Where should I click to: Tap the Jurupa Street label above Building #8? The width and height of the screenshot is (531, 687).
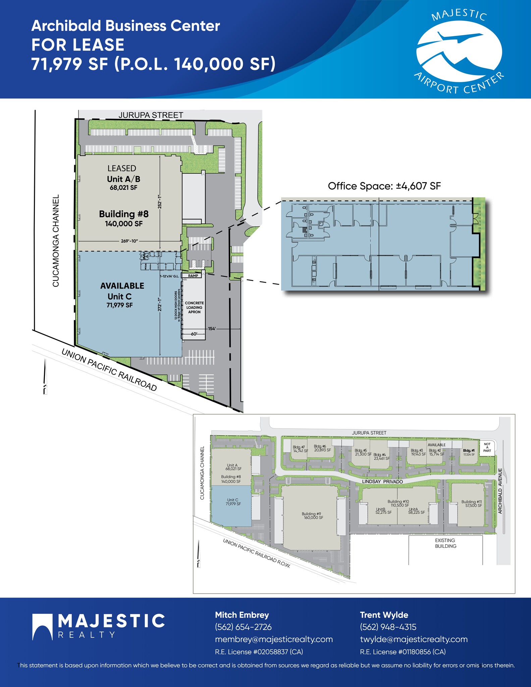[x=151, y=115]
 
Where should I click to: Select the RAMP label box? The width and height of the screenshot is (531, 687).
[x=193, y=276]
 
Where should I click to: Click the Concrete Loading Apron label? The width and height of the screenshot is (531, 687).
[x=194, y=307]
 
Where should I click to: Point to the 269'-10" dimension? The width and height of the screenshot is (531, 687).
[x=129, y=241]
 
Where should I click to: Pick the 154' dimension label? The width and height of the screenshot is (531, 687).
[x=212, y=329]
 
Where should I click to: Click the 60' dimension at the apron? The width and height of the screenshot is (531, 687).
[x=194, y=334]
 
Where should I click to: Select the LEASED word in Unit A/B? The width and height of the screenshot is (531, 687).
[x=122, y=168]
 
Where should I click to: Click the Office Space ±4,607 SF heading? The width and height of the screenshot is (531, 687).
[x=384, y=186]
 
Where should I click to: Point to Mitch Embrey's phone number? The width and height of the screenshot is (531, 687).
[x=243, y=627]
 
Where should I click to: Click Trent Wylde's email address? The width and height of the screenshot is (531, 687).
[x=414, y=639]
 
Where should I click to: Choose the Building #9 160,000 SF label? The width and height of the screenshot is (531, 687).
[x=312, y=516]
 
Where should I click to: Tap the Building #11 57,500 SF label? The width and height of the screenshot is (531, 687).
[x=471, y=504]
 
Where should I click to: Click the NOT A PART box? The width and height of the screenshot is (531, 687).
[x=487, y=447]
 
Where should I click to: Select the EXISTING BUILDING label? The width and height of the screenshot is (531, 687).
[x=445, y=543]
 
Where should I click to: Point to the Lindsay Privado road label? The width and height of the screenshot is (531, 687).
[x=382, y=481]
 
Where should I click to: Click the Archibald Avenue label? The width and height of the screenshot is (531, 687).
[x=500, y=491]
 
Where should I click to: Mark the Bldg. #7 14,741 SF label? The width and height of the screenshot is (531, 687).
[x=300, y=449]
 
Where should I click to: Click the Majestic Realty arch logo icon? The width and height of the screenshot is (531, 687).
[x=43, y=627]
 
